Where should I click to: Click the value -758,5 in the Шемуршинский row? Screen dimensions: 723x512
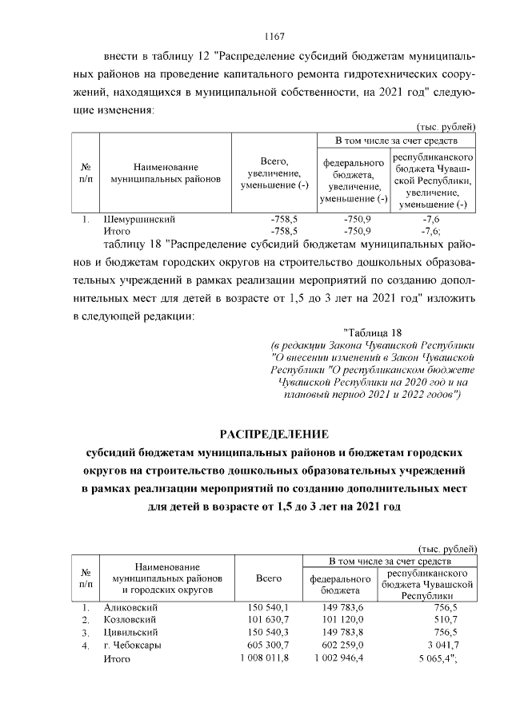(x=284, y=218)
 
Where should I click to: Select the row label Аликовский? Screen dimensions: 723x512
(x=131, y=608)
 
